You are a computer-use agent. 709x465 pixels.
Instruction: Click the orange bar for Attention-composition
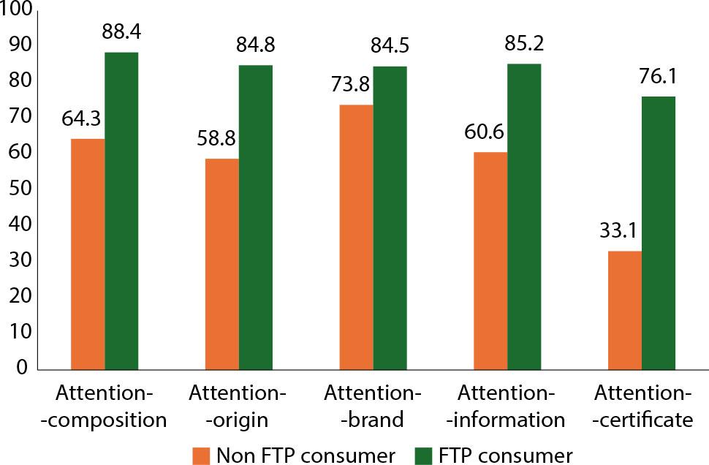pos(88,253)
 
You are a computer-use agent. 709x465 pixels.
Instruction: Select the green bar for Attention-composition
pos(121,211)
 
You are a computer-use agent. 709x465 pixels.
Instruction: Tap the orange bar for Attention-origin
pos(222,263)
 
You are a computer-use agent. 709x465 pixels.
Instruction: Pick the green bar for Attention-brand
pos(391,217)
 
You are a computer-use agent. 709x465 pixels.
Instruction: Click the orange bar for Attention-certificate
pos(625,309)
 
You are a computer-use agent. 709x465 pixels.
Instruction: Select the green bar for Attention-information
pos(524,216)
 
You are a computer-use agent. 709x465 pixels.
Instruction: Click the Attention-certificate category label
pos(642,407)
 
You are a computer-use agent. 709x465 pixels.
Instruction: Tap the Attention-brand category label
pos(374,407)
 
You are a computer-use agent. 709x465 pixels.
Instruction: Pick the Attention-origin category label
pos(238,407)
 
